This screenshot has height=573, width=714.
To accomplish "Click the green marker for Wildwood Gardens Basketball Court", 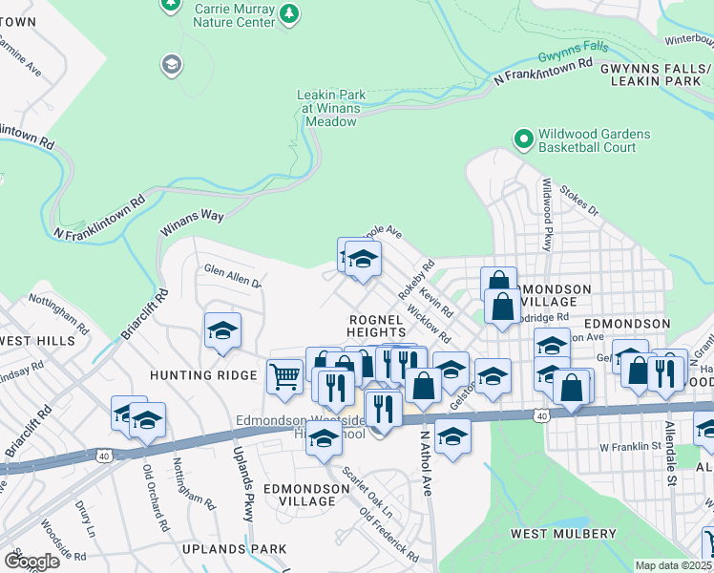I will coord(523,139).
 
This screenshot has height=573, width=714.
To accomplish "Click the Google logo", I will coord(31,561).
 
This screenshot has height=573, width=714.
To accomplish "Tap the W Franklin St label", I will coord(629,446).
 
